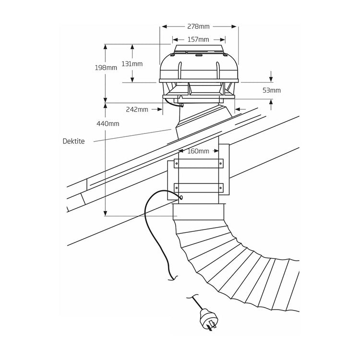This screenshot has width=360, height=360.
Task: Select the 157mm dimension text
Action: [199, 39]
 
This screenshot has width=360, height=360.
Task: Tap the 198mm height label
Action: [106, 68]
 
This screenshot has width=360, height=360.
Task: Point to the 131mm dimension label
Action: [132, 64]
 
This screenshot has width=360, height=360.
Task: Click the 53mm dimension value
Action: [272, 90]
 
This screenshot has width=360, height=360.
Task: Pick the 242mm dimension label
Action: [137, 109]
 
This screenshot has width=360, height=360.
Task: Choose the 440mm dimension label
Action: [108, 124]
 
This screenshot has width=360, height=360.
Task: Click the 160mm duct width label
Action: [199, 151]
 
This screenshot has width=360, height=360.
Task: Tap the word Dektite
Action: [74, 142]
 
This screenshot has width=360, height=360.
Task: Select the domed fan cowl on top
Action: [199, 67]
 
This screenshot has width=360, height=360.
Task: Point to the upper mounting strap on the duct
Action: [199, 164]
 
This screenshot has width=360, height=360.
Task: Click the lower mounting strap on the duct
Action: [199, 187]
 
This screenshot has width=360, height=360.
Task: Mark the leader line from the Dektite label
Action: [130, 135]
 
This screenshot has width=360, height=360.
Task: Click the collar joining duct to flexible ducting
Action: [199, 211]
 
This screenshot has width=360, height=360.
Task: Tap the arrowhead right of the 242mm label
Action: [161, 109]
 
